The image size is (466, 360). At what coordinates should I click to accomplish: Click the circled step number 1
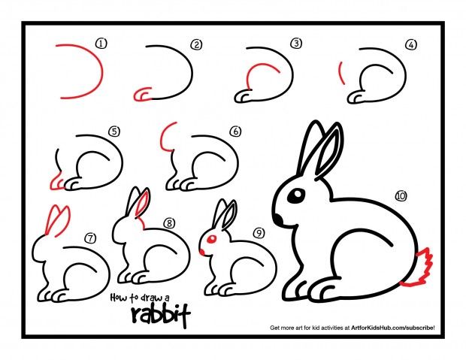tap(101, 44)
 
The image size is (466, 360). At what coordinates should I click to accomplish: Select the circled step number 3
tap(296, 44)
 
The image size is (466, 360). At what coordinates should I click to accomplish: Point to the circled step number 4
tap(410, 44)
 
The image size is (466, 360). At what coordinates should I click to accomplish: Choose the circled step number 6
tap(235, 132)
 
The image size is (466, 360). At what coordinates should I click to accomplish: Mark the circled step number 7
tap(89, 239)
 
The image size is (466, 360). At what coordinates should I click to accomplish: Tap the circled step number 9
tap(258, 233)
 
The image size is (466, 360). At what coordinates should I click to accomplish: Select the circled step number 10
tap(400, 196)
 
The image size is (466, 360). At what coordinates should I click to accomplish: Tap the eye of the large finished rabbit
tap(296, 197)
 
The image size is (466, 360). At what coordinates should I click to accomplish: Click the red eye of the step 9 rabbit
tap(212, 241)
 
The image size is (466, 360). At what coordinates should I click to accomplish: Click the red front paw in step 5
tap(56, 183)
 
